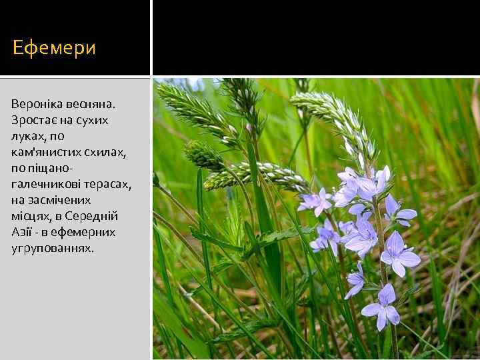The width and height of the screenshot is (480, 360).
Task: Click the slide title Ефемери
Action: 55,48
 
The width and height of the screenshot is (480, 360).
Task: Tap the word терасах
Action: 109,184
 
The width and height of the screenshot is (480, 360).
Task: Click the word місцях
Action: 30,216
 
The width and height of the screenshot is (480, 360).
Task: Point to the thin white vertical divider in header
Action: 151,37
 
